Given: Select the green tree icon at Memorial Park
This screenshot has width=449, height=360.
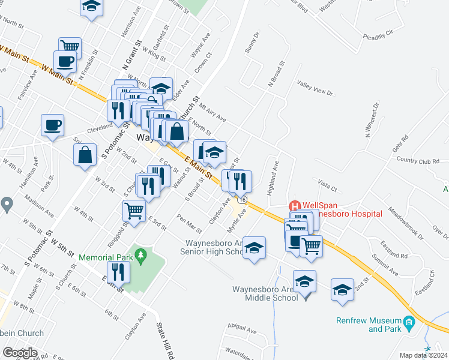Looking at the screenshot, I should tap(140, 257).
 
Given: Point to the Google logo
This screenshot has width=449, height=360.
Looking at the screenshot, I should tap(20, 353).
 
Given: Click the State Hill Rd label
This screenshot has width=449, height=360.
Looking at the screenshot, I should tap(163, 340).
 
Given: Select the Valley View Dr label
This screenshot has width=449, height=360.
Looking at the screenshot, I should tap(315, 88).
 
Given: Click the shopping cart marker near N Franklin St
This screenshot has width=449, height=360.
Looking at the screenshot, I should tap(70, 46).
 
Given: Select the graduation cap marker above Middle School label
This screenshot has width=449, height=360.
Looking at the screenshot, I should tap(305, 281).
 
